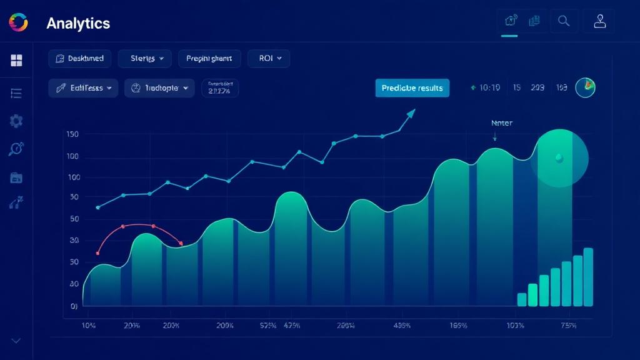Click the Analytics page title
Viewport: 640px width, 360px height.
click(x=78, y=24)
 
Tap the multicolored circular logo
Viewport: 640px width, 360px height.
click(x=19, y=22)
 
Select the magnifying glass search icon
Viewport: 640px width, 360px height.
click(x=564, y=21)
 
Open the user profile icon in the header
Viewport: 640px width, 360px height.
click(x=600, y=21)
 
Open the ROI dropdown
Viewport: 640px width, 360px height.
click(x=269, y=59)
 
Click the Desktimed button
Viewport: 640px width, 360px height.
click(x=80, y=59)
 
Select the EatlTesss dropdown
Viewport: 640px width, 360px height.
click(x=83, y=88)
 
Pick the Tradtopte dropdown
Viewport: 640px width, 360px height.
click(x=160, y=88)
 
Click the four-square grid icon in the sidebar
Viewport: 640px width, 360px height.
click(x=17, y=61)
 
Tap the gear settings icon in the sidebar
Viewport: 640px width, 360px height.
click(x=17, y=121)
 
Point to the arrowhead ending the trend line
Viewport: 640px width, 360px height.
click(x=411, y=113)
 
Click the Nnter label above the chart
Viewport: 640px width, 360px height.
click(x=502, y=123)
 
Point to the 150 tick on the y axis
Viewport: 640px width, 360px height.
click(x=72, y=134)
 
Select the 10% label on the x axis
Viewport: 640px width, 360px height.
click(x=89, y=326)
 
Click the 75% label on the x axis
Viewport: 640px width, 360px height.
click(x=568, y=326)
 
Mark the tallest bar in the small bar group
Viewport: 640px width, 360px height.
click(x=588, y=277)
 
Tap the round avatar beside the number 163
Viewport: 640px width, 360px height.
click(x=585, y=87)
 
